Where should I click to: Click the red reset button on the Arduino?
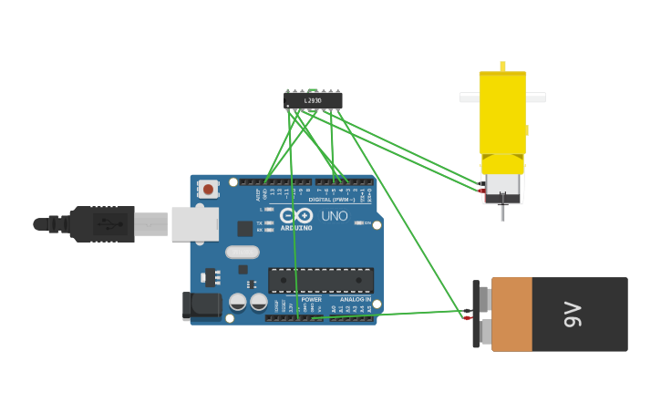tap(209, 190)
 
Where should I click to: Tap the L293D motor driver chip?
tap(313, 100)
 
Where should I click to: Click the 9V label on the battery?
tap(573, 315)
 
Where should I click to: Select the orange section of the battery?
tap(511, 315)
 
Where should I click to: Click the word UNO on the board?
tap(334, 216)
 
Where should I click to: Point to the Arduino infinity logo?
tap(295, 216)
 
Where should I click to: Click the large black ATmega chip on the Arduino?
tap(320, 280)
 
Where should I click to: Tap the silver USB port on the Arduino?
tap(195, 223)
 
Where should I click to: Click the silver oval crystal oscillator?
tap(242, 252)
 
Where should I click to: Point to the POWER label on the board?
tap(311, 299)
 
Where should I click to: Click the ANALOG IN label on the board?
tap(356, 299)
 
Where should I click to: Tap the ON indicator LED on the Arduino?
tap(358, 222)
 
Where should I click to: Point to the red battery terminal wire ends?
tap(468, 315)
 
